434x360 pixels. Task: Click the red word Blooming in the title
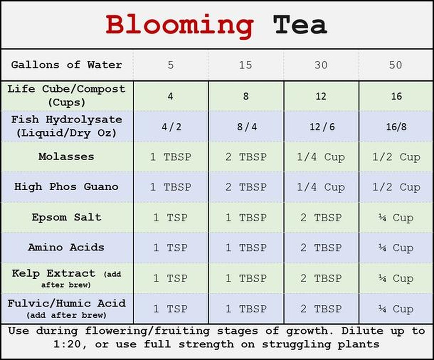coord(179,25)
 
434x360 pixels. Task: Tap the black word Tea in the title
coord(300,25)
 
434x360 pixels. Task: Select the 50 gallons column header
coord(396,65)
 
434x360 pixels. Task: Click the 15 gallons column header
coord(246,65)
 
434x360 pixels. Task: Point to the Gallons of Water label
coord(67,65)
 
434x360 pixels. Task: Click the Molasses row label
coord(66,157)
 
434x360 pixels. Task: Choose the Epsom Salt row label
coord(67,217)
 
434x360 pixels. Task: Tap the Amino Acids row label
coord(66,247)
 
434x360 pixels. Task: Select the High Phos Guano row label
coord(66,187)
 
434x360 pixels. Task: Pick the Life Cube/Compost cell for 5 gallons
coord(171,96)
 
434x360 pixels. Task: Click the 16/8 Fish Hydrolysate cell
coord(396,127)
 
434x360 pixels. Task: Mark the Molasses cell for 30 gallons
coord(321,157)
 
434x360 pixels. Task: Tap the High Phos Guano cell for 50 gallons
coord(396,187)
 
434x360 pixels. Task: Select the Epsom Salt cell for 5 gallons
coord(171,218)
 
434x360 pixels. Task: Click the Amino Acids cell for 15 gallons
coord(246,248)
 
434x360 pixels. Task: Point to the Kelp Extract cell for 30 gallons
coord(321,279)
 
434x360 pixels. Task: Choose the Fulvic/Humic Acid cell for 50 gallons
coord(396,309)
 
